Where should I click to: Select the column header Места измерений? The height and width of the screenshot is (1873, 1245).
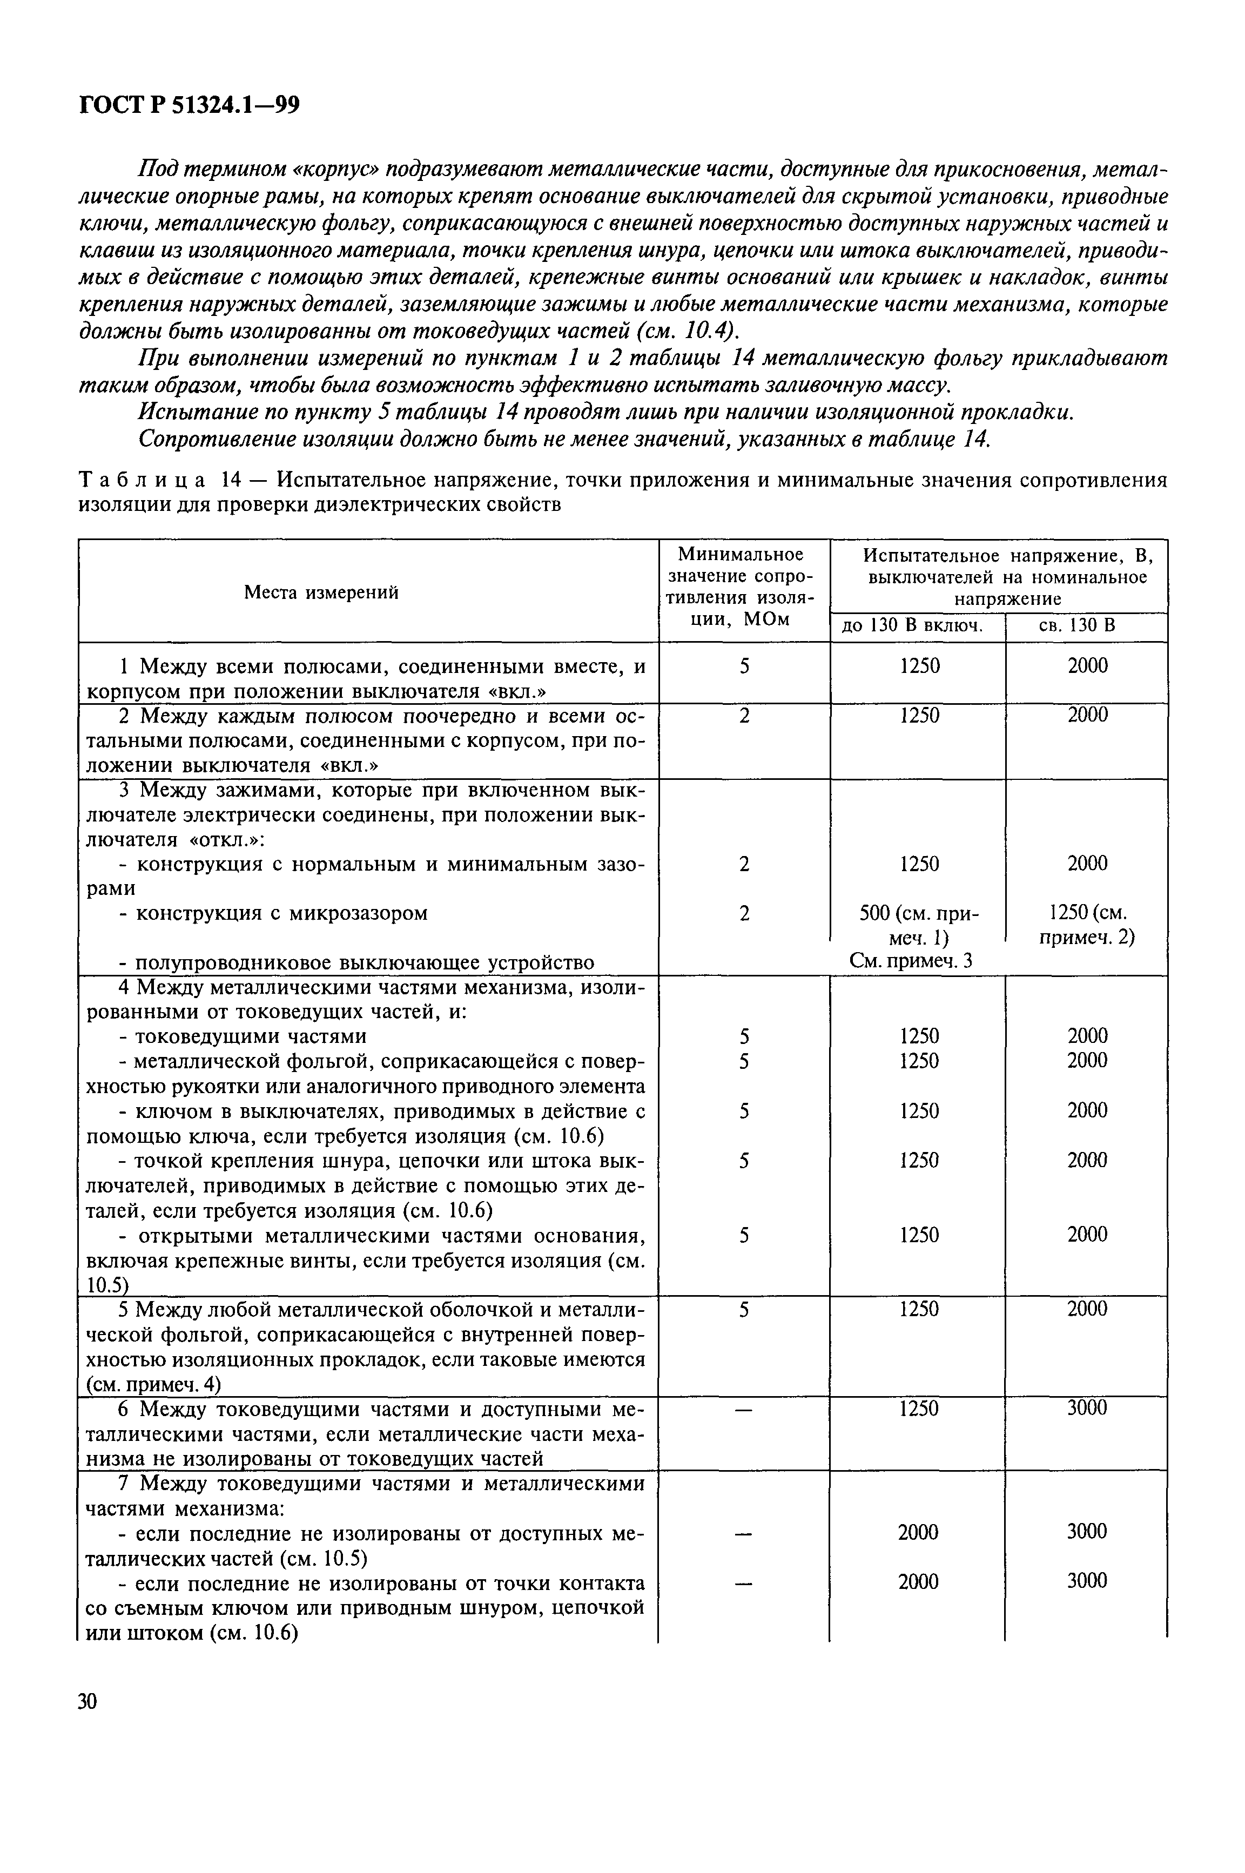point(321,591)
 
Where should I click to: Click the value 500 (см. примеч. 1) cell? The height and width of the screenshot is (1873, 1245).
point(919,926)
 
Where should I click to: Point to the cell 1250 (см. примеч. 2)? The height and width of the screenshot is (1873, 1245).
point(1087,925)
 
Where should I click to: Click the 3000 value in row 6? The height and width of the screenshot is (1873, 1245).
point(1086,1408)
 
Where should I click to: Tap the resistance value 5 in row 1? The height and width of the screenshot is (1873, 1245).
point(744,666)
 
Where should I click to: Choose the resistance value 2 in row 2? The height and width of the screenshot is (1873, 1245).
point(744,716)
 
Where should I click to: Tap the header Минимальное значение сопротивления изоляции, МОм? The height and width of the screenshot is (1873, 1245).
point(743,587)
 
